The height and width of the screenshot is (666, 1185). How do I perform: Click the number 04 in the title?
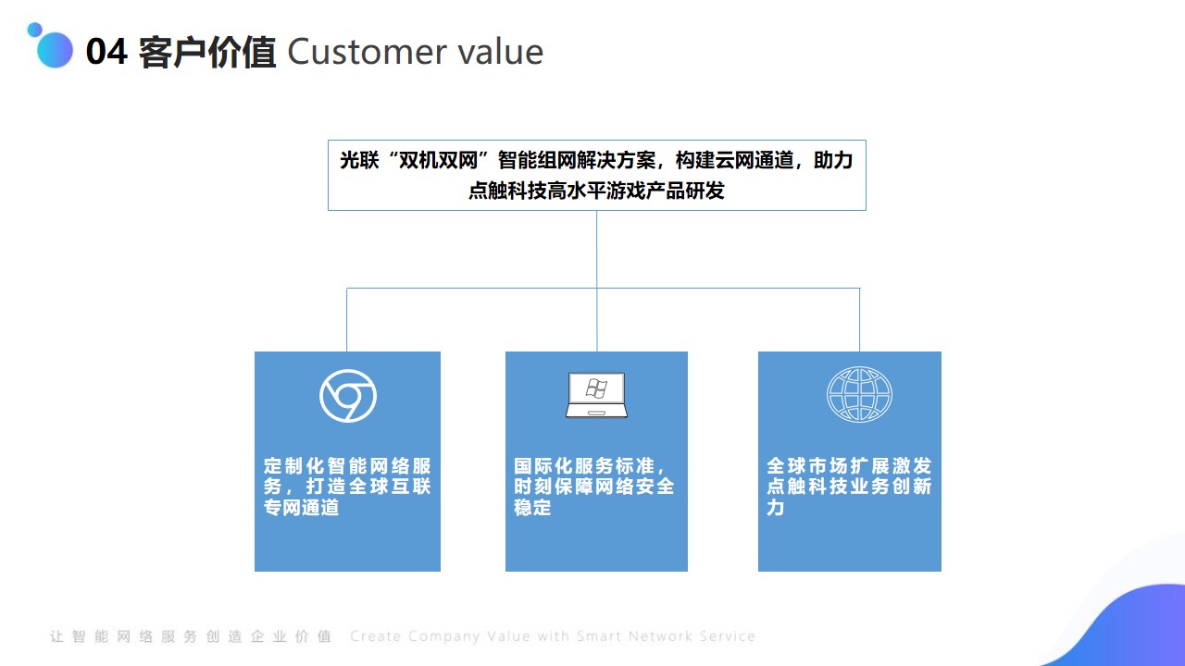pos(106,52)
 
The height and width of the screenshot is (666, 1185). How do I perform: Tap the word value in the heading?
pos(501,52)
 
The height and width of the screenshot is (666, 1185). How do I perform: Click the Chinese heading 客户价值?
pos(206,52)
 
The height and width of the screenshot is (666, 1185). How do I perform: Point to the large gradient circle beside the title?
pos(55,50)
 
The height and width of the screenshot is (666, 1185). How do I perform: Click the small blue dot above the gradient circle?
pos(35,30)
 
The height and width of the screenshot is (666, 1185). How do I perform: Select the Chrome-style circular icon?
pos(347,396)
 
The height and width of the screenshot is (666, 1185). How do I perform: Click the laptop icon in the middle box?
pos(596,395)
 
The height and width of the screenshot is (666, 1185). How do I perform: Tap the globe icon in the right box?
pos(859,394)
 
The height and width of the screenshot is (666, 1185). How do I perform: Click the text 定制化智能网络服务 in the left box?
pos(347,475)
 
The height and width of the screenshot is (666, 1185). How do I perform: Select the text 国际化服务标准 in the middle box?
pos(584,465)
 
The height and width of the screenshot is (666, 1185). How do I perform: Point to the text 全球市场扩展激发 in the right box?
pos(849,465)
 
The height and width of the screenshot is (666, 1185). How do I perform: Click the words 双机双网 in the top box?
pos(438,160)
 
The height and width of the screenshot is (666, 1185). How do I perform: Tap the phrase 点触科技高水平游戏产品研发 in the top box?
pos(596,191)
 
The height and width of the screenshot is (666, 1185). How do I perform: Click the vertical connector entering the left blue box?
pos(347,320)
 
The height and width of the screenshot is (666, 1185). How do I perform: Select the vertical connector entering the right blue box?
pos(859,320)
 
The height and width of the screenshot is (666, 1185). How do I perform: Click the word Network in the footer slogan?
pos(660,635)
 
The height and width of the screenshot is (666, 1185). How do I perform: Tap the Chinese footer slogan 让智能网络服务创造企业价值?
pos(191,635)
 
